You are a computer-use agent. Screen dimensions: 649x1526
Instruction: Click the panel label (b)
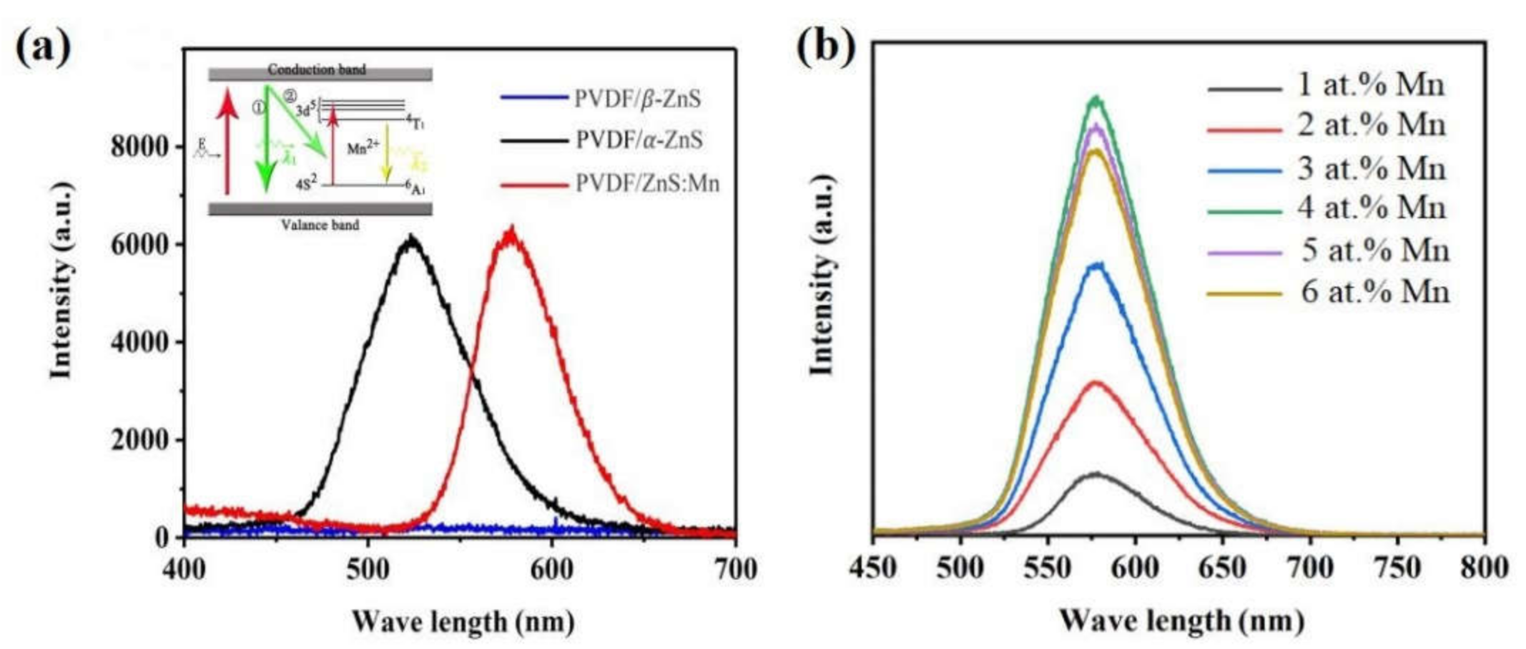click(825, 47)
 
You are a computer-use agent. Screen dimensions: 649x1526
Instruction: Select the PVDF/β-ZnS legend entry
click(637, 99)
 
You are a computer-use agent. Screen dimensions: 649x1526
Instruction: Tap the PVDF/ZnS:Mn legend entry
click(647, 183)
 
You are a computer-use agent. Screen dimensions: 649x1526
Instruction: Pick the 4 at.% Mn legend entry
click(1371, 208)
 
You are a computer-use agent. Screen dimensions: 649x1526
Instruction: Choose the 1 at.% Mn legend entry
click(1371, 85)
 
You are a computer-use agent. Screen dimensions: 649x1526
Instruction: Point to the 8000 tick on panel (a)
click(139, 147)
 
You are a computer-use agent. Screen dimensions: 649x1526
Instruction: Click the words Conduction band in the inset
click(317, 69)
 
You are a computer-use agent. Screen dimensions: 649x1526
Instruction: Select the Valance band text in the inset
click(320, 225)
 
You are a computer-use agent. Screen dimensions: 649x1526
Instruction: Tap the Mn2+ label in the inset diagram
click(363, 148)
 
